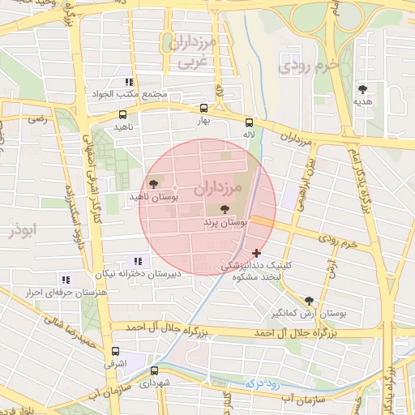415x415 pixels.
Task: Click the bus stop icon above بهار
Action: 203,107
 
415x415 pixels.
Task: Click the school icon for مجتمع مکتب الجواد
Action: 128,82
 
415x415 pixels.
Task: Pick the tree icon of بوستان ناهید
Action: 153,185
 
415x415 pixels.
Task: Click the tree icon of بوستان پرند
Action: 225,209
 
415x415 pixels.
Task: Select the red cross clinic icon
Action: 257,254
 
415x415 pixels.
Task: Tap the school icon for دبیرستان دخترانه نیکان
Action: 136,261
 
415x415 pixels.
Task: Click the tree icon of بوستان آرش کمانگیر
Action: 308,300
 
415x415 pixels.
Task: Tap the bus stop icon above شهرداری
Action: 154,370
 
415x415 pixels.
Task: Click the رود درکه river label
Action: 262,379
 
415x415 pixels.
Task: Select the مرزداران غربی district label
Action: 191,52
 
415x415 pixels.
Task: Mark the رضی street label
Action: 37,118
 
